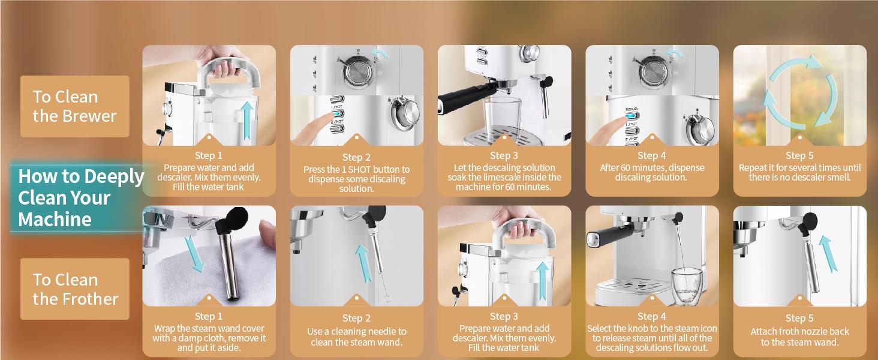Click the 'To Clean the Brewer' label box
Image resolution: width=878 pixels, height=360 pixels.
(75, 106)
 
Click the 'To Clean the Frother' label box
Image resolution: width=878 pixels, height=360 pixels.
(75, 289)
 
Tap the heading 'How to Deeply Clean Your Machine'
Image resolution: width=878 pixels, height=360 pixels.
(80, 198)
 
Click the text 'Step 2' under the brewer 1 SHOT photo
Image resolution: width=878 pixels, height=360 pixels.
(356, 158)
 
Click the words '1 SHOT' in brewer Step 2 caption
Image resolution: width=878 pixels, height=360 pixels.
(363, 170)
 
